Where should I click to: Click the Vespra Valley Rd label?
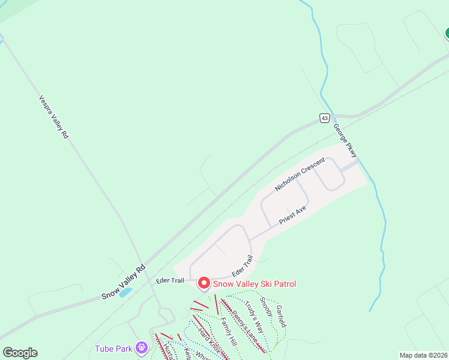(x=54, y=117)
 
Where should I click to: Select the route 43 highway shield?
(x=324, y=118)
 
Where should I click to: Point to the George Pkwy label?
(x=345, y=141)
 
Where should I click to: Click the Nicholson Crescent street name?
(x=300, y=175)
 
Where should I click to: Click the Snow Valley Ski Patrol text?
(x=254, y=284)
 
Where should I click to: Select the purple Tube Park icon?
(x=142, y=347)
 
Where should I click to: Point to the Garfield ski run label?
(x=281, y=316)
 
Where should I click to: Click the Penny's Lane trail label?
(x=245, y=327)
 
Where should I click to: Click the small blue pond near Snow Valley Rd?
(x=125, y=293)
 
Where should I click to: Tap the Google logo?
(x=20, y=353)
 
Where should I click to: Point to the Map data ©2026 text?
(x=423, y=355)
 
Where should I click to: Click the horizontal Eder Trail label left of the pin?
(x=169, y=280)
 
